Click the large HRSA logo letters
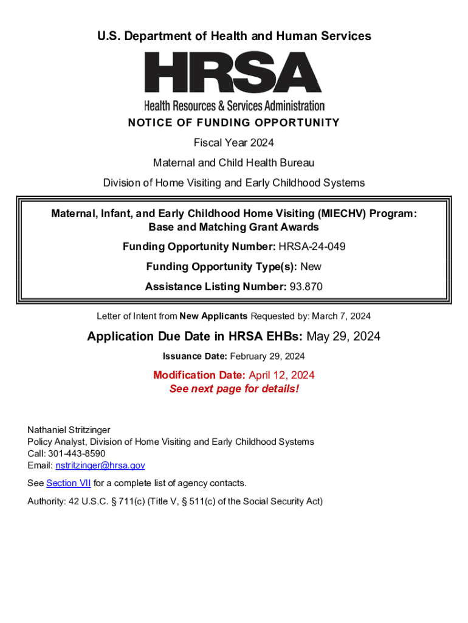[233, 73]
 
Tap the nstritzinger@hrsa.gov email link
[100, 465]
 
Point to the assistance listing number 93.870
[306, 287]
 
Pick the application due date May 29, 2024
[343, 336]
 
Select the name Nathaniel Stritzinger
[69, 430]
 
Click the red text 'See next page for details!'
[234, 389]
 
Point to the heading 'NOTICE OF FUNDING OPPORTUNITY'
[234, 123]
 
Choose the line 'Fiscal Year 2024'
[234, 143]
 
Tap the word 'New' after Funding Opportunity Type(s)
[311, 266]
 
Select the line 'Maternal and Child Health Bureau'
[234, 163]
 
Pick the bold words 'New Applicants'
[214, 316]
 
